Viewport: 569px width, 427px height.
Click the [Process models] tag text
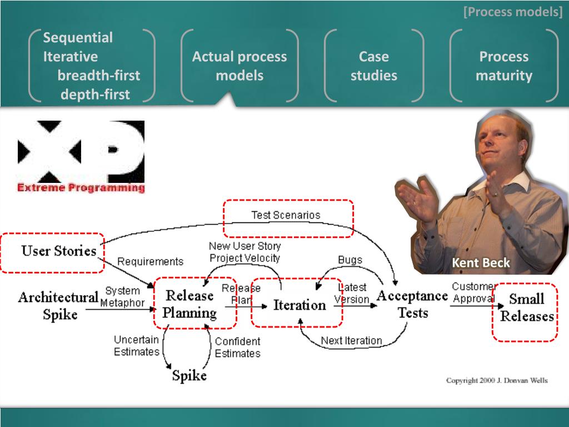(513, 12)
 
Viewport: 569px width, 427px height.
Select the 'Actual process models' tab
(239, 66)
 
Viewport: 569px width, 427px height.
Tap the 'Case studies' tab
(374, 66)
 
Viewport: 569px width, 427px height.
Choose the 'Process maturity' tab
(503, 66)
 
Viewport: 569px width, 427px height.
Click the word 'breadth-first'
(99, 75)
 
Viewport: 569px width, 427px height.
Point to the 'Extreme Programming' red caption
(81, 188)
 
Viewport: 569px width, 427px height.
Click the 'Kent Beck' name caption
(481, 262)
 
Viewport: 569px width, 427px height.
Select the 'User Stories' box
(53, 253)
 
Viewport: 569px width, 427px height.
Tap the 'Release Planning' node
(195, 304)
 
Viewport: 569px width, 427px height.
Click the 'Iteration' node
(297, 303)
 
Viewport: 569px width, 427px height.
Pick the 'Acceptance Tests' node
(412, 304)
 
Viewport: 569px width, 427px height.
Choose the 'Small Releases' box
(525, 312)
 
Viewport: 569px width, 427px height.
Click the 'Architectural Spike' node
(58, 305)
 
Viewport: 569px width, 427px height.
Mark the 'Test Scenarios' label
(286, 215)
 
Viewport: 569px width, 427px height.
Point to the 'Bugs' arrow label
(350, 260)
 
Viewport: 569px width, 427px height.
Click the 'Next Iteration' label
(352, 341)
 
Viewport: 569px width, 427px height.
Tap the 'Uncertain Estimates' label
(137, 346)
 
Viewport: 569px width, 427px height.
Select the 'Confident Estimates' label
(238, 347)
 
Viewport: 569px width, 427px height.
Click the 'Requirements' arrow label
(150, 261)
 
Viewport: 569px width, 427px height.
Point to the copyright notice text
(497, 380)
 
